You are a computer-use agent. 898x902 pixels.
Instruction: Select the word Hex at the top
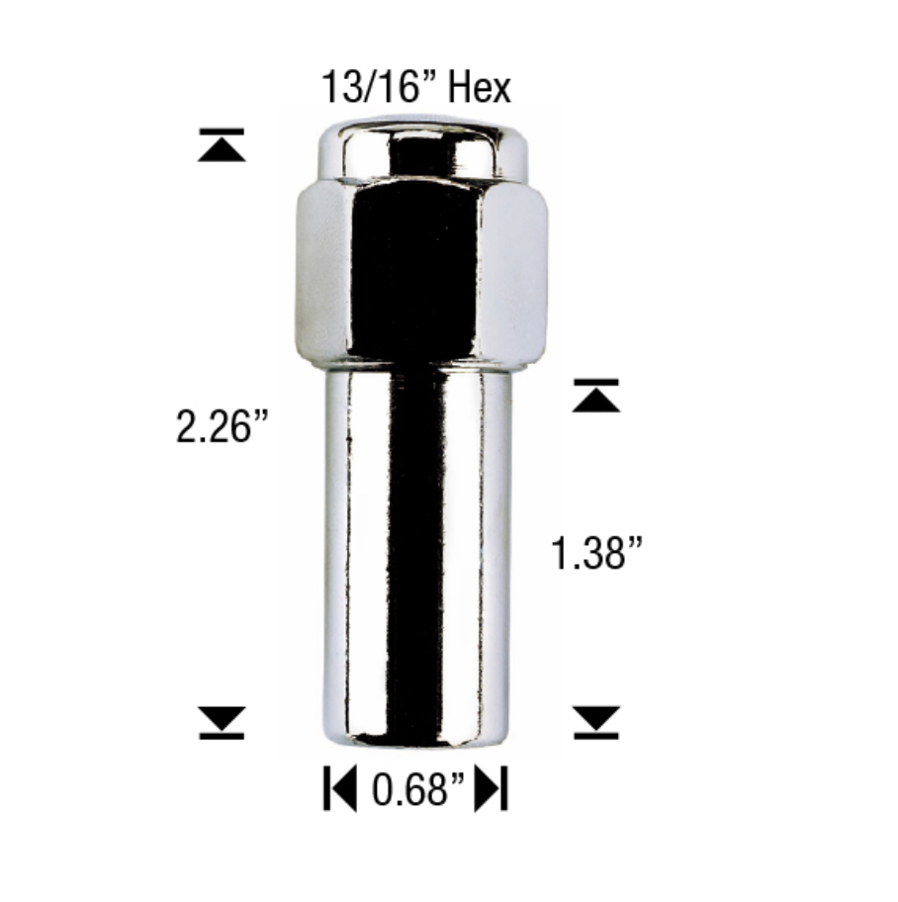tap(480, 88)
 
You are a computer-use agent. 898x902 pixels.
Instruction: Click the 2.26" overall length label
tap(222, 429)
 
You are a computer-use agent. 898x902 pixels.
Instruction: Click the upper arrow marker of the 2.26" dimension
tap(222, 145)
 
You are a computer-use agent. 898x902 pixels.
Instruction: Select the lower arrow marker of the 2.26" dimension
tap(222, 722)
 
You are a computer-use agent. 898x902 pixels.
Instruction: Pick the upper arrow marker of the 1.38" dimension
tap(596, 396)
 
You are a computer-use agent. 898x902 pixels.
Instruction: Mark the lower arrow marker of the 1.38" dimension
tap(596, 722)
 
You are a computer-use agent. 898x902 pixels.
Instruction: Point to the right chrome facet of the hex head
tap(516, 267)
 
